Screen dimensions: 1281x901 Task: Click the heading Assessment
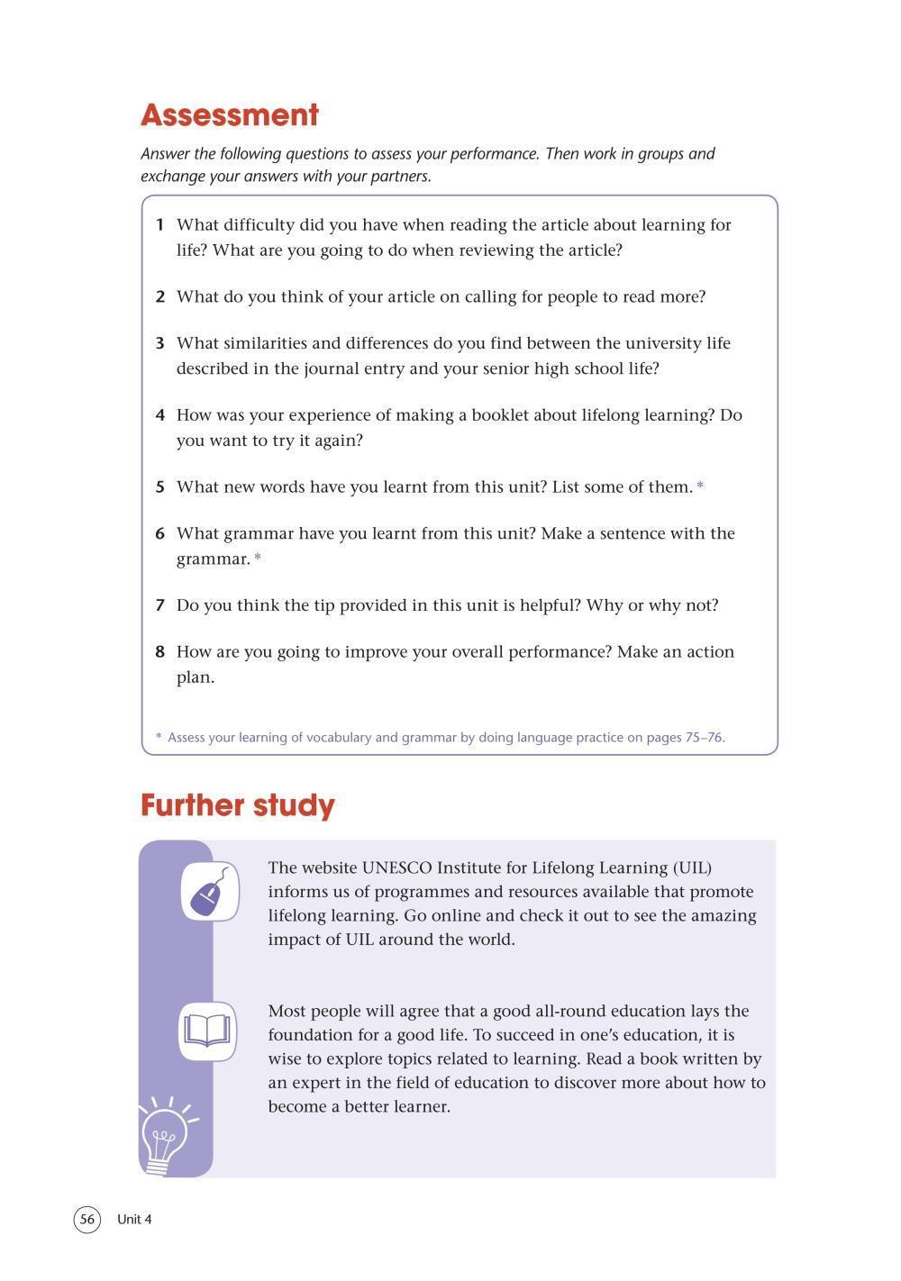coord(230,115)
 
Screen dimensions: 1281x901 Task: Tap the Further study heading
coord(237,805)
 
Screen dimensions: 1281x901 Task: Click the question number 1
coord(160,225)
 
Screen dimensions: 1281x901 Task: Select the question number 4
coord(160,415)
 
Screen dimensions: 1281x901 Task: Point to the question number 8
coord(160,652)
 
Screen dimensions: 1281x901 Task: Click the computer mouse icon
coord(210,892)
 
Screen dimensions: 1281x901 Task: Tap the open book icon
coord(207,1031)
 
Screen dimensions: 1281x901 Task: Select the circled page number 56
coord(86,1220)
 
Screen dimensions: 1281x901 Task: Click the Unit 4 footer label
coord(134,1220)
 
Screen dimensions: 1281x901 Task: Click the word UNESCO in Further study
coord(396,868)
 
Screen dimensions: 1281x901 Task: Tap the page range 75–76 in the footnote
coord(704,738)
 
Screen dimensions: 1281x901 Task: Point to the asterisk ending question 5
coord(700,487)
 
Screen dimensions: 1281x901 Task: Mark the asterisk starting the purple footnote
coord(159,738)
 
